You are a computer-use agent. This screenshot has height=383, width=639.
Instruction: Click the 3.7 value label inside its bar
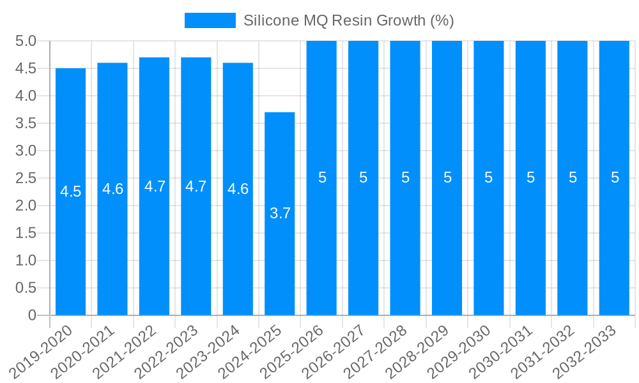coord(280,214)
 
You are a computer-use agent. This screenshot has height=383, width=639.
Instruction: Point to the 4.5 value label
coord(70,191)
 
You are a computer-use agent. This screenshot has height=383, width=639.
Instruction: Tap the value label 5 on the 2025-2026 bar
coord(322,178)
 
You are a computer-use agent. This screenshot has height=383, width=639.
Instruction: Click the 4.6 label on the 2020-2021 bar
coord(112,189)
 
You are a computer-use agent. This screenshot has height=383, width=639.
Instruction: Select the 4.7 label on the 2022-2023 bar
coord(196,186)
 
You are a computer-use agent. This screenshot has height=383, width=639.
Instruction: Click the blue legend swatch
coord(210,20)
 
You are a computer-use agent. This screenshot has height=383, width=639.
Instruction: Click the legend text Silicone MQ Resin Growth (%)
coord(348,20)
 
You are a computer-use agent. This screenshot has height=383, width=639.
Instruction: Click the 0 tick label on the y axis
coord(33,315)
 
